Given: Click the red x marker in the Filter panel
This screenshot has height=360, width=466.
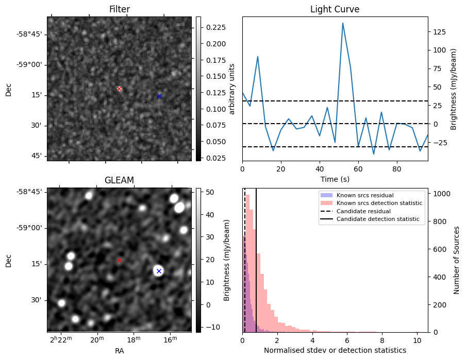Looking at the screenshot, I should click(x=120, y=89).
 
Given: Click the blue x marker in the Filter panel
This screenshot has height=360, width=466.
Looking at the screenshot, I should click(x=159, y=96).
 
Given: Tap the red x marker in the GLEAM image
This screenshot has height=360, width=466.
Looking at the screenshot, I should click(x=120, y=260).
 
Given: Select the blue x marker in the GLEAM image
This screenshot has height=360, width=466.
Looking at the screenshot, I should click(x=159, y=271).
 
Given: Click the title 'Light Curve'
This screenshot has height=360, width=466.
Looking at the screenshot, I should click(x=335, y=9).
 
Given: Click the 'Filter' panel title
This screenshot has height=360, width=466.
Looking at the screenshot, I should click(x=120, y=9).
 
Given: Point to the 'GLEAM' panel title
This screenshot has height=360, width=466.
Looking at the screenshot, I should click(x=120, y=180).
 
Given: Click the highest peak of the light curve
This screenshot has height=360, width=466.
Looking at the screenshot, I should click(x=342, y=23).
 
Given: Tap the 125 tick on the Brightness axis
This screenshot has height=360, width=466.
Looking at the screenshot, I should click(x=440, y=31).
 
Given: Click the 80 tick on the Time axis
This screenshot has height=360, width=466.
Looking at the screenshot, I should click(x=396, y=168).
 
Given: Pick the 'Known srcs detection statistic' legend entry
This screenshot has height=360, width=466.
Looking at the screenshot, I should click(x=379, y=203).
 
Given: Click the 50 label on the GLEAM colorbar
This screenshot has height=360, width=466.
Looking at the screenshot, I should click(x=208, y=192).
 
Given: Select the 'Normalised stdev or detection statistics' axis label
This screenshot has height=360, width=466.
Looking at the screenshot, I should click(x=335, y=350).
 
